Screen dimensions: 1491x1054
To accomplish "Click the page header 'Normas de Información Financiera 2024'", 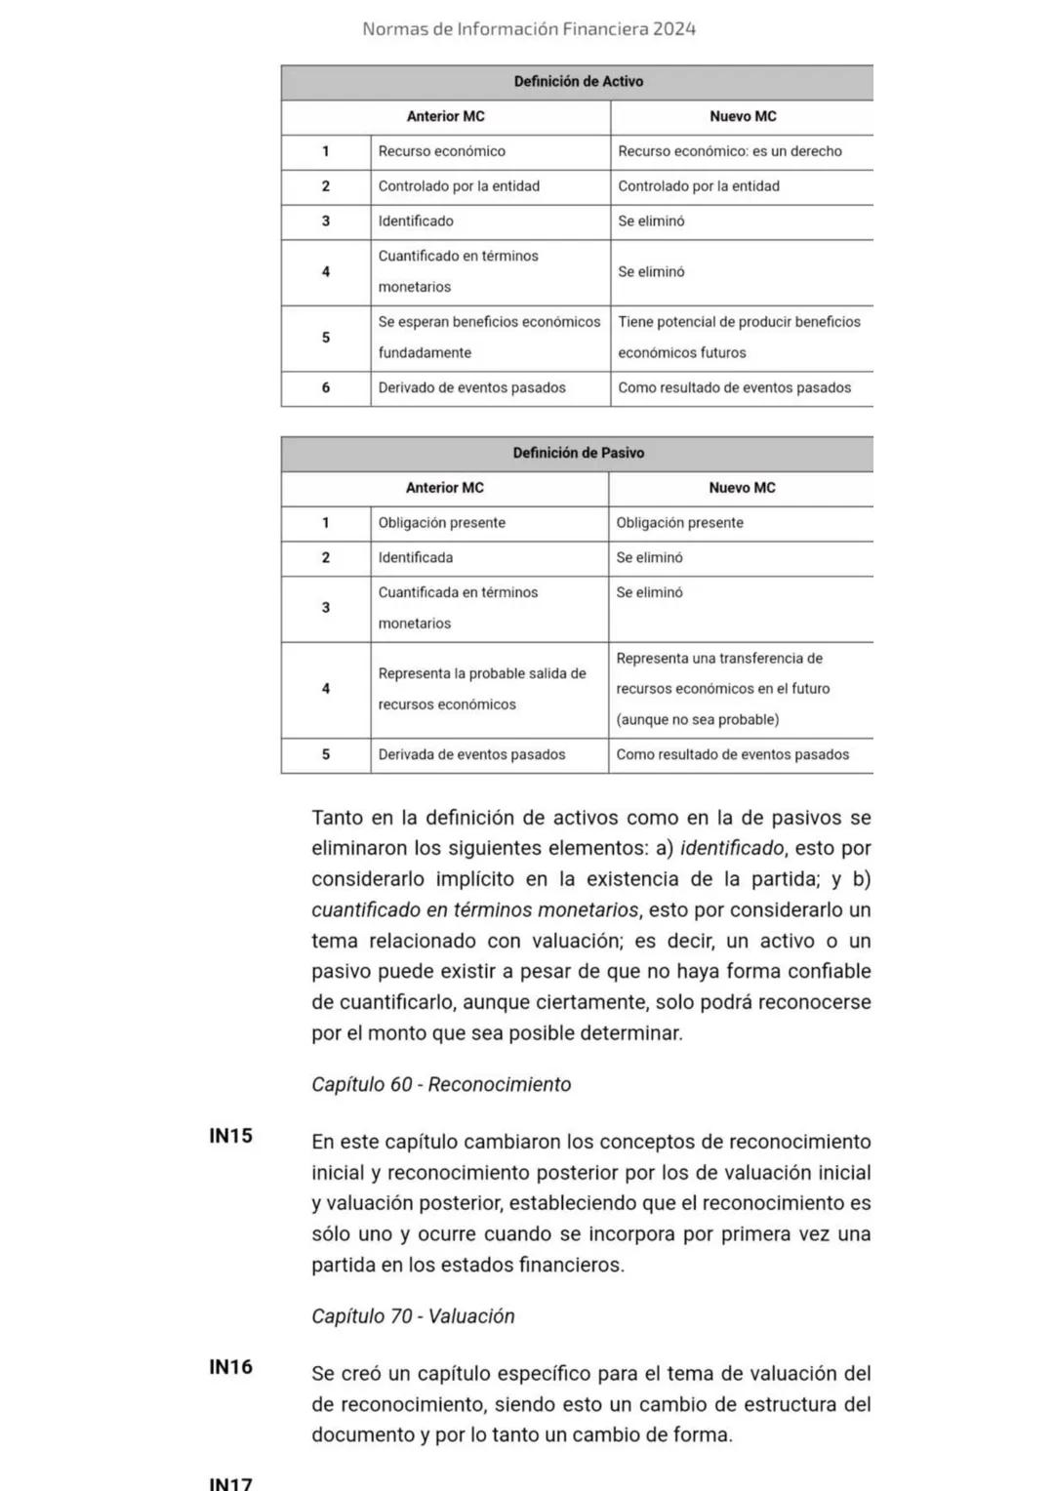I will (x=528, y=29).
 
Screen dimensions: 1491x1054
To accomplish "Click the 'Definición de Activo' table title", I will (x=578, y=82).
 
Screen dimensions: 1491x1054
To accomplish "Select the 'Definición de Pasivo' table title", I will (x=578, y=453).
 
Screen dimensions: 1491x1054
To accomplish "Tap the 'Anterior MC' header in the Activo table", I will (x=445, y=116).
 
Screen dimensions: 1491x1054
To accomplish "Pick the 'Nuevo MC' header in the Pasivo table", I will (x=742, y=488).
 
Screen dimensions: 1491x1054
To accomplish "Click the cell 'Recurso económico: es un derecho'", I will (x=729, y=151).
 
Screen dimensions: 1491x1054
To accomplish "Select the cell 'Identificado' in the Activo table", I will (x=416, y=222).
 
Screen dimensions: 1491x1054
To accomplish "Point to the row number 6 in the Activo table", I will (x=326, y=388).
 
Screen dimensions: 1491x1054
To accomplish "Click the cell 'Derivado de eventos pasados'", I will (x=471, y=388).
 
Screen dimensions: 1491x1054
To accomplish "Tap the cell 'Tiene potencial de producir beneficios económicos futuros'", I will (x=739, y=337).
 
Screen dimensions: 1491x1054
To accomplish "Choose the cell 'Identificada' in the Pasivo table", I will (x=416, y=558).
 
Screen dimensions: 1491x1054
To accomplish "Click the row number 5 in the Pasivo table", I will (x=326, y=755).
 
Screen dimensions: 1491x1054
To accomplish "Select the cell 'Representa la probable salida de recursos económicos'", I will (x=482, y=689).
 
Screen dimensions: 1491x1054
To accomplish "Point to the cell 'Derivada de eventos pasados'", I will (x=471, y=755).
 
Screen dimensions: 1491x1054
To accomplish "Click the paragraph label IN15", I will (x=231, y=1136).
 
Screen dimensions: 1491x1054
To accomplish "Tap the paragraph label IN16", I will (x=231, y=1367).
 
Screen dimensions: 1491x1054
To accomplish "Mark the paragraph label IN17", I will (x=231, y=1482).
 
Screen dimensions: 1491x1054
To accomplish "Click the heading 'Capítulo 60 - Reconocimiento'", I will (x=441, y=1085).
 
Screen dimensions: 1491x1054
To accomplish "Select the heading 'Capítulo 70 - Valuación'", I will (x=413, y=1316).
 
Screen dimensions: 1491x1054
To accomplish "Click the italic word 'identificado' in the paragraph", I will (x=731, y=849).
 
